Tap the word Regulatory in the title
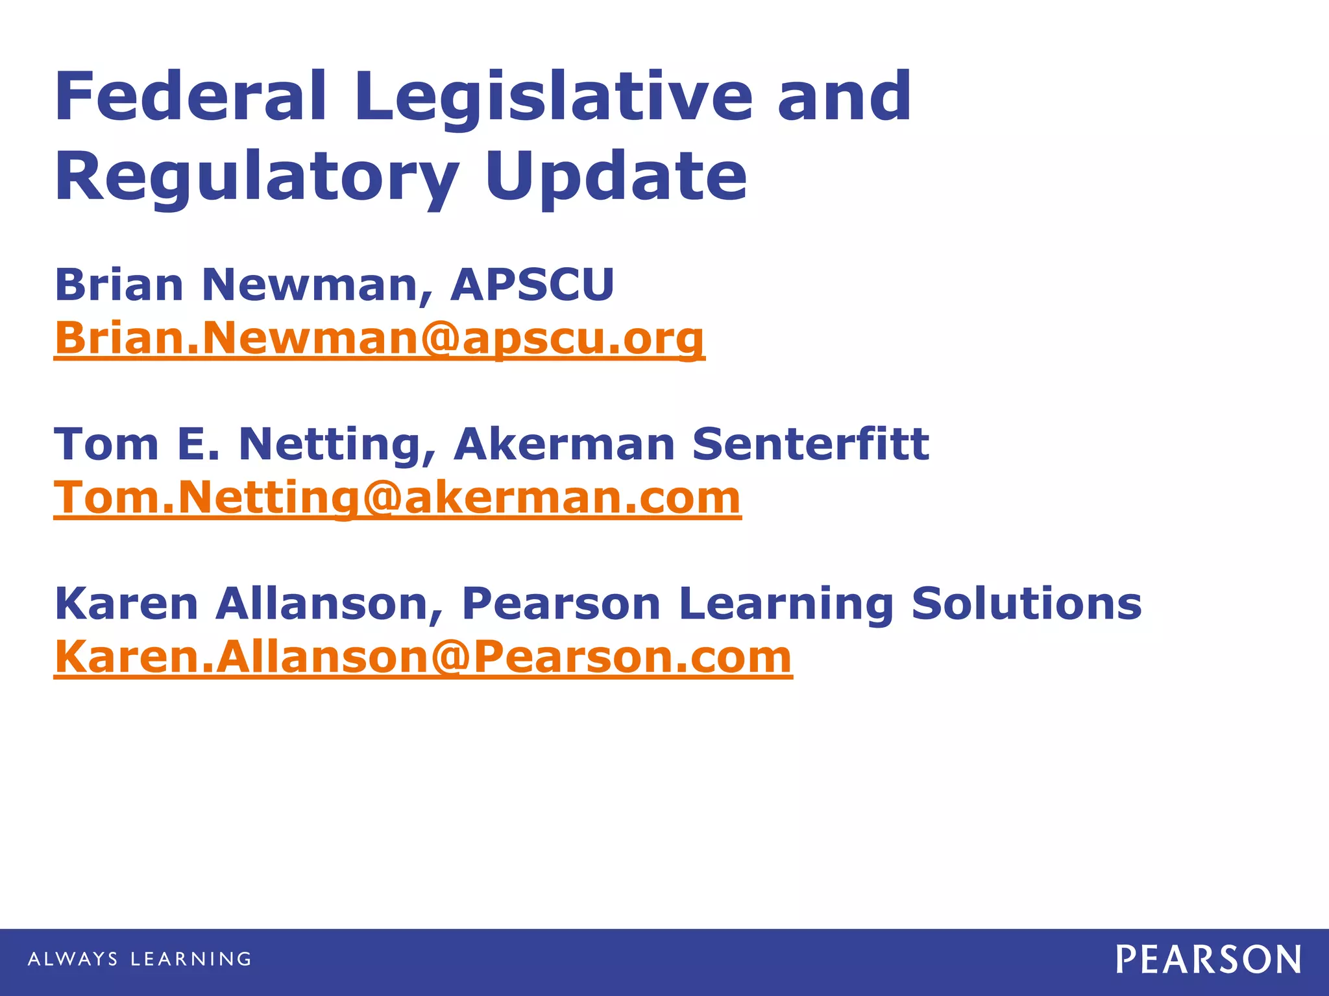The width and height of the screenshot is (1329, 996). pos(257,176)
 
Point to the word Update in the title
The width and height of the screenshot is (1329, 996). pos(616,176)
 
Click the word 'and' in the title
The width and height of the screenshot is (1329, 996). pos(844,97)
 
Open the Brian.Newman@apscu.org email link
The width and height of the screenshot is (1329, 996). pos(380,338)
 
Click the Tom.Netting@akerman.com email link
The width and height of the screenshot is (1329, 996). pos(397,498)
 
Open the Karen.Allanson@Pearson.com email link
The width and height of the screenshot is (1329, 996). pos(423,657)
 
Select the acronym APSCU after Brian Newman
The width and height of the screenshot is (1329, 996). pos(532,285)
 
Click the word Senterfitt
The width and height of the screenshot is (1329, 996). pos(811,444)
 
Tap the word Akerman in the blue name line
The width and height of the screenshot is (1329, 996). pos(565,444)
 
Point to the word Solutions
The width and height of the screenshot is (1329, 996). pos(1026,604)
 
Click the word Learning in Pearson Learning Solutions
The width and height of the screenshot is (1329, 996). pos(786,604)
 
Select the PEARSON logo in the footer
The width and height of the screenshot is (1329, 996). pos(1208,960)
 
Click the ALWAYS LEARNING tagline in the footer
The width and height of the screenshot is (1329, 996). pos(140,959)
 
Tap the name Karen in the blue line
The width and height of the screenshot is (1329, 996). pos(127,604)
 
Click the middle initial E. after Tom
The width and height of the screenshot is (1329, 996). pos(199,444)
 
